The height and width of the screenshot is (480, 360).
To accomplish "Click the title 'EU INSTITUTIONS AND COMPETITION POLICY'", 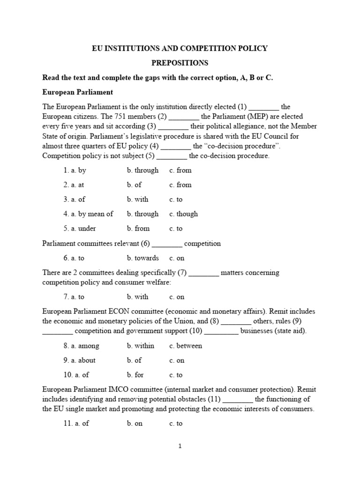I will pos(180,48).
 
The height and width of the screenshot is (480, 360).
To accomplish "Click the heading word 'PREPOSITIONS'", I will pos(180,63).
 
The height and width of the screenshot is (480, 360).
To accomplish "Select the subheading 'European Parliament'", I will pos(78,92).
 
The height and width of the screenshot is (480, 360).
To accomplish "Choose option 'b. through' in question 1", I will pos(142,170).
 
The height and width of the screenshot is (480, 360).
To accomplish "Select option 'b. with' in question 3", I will pos(137,199).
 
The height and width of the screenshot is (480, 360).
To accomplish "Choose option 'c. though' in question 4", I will pos(183,214).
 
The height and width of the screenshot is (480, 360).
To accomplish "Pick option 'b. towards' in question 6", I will pos(142,258).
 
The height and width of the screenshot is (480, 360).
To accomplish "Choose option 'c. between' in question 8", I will pos(186,346).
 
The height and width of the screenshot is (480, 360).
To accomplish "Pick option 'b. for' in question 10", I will pos(135,375).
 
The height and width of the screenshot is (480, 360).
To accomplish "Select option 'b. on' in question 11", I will pos(135,423).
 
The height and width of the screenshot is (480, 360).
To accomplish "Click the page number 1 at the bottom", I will pos(180,446).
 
